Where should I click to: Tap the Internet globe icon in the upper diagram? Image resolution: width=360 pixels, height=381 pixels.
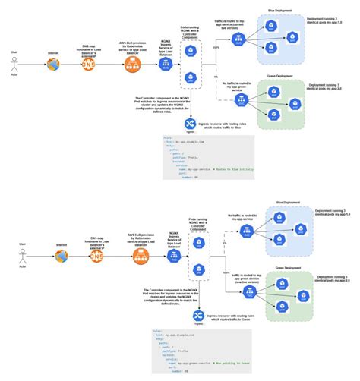tap(52, 65)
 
